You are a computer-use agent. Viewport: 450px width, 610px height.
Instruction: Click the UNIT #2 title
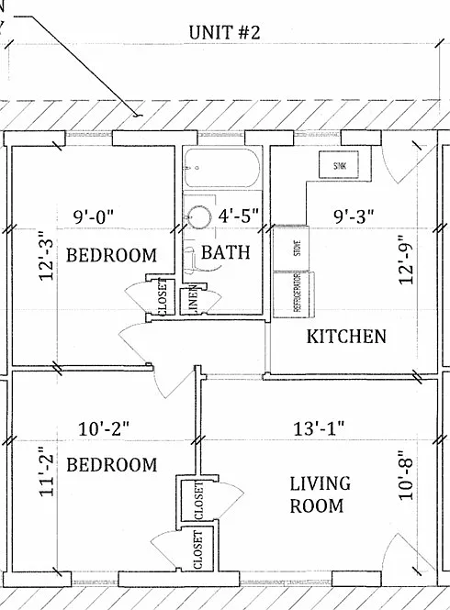click(224, 32)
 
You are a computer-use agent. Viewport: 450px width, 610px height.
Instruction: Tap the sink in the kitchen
click(339, 165)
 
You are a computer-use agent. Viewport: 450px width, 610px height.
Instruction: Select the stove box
click(291, 249)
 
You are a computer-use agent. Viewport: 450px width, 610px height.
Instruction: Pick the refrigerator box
click(294, 294)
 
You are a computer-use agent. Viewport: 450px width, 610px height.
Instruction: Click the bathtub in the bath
click(222, 168)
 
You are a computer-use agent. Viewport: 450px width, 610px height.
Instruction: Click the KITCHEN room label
click(346, 337)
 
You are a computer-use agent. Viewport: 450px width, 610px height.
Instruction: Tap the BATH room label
click(226, 252)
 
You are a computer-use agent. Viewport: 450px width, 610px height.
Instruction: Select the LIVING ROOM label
click(320, 494)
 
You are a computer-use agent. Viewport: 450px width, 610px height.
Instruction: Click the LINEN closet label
click(194, 301)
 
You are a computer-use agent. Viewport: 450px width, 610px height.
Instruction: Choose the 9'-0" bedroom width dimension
click(94, 216)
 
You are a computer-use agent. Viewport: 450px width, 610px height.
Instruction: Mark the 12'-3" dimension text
click(47, 259)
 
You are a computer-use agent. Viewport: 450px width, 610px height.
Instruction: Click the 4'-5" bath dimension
click(239, 216)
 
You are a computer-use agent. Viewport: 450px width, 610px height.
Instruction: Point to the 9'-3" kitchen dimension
click(354, 216)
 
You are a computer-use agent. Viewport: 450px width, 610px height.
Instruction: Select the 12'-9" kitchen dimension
click(406, 260)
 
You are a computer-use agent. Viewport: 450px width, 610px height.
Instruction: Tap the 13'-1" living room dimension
click(319, 428)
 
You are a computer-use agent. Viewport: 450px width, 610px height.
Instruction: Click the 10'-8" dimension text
click(406, 475)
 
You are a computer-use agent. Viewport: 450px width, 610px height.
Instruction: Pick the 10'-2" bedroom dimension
click(104, 429)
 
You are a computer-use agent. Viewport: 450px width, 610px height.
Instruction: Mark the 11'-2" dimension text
click(47, 475)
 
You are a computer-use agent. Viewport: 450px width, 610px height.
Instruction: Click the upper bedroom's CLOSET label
click(163, 297)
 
